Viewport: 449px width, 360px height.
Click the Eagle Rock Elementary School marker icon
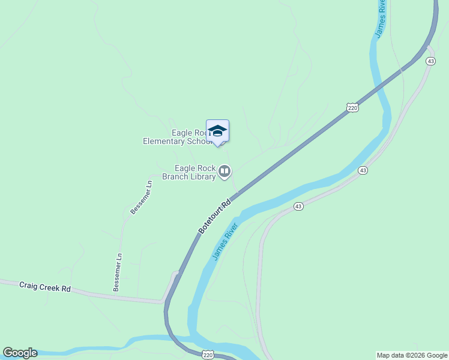point(217,131)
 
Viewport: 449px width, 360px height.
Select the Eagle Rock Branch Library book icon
point(224,172)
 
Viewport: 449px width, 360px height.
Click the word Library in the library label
point(201,177)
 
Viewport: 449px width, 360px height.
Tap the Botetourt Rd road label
point(214,218)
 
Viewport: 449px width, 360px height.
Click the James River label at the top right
point(380,18)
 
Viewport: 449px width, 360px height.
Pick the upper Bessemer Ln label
point(141,197)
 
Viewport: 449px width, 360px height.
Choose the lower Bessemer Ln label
point(118,272)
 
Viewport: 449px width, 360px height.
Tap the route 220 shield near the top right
point(352,107)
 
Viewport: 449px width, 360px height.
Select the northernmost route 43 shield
point(430,61)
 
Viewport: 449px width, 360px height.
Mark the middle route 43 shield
point(363,170)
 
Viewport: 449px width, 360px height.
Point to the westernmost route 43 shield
point(298,206)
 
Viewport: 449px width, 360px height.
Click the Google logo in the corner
point(20,353)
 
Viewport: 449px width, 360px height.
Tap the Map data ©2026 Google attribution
point(412,355)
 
